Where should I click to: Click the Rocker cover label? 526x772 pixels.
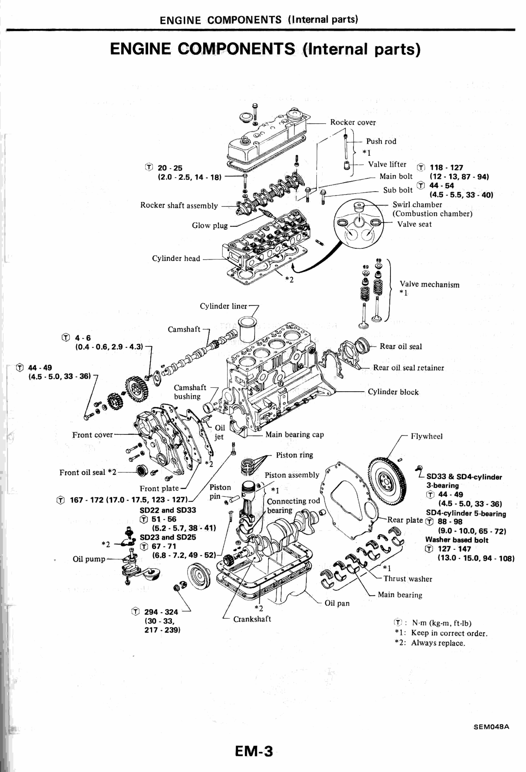click(x=353, y=122)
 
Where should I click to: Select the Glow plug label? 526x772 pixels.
click(x=209, y=225)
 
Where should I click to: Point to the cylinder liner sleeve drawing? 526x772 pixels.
click(x=247, y=329)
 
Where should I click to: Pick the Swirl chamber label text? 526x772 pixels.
click(x=417, y=205)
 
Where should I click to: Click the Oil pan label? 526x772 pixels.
click(x=337, y=603)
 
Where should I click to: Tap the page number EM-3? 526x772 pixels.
click(x=254, y=751)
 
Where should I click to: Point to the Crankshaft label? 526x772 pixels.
click(x=252, y=619)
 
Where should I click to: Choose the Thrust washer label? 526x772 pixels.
click(x=408, y=579)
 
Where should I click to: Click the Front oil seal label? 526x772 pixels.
click(x=88, y=472)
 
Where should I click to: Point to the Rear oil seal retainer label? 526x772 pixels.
click(x=408, y=368)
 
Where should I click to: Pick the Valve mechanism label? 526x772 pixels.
click(x=429, y=284)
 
